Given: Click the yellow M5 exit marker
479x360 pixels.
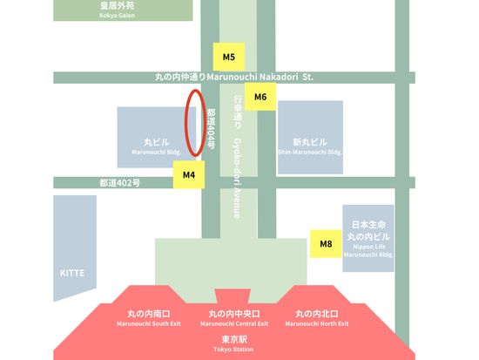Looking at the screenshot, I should [x=228, y=58].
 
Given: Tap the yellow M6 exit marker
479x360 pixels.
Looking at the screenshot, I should [x=260, y=97].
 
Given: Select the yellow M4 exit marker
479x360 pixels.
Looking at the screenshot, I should [x=189, y=174].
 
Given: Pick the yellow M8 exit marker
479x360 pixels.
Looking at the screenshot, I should [x=326, y=244].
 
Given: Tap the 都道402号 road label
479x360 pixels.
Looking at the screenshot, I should [x=119, y=183].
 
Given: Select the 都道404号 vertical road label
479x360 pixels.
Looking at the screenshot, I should [x=211, y=129].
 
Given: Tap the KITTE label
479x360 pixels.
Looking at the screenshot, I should [x=72, y=273].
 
